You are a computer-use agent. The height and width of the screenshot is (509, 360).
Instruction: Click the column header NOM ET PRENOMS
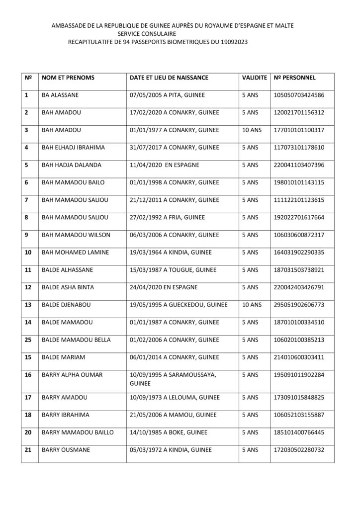(68, 78)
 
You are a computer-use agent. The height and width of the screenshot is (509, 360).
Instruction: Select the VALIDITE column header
(254, 78)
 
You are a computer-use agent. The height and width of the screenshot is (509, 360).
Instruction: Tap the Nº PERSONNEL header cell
(294, 78)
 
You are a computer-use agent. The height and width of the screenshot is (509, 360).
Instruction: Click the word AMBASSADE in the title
(70, 24)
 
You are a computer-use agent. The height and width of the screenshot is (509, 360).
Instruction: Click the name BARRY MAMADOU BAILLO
(78, 432)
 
